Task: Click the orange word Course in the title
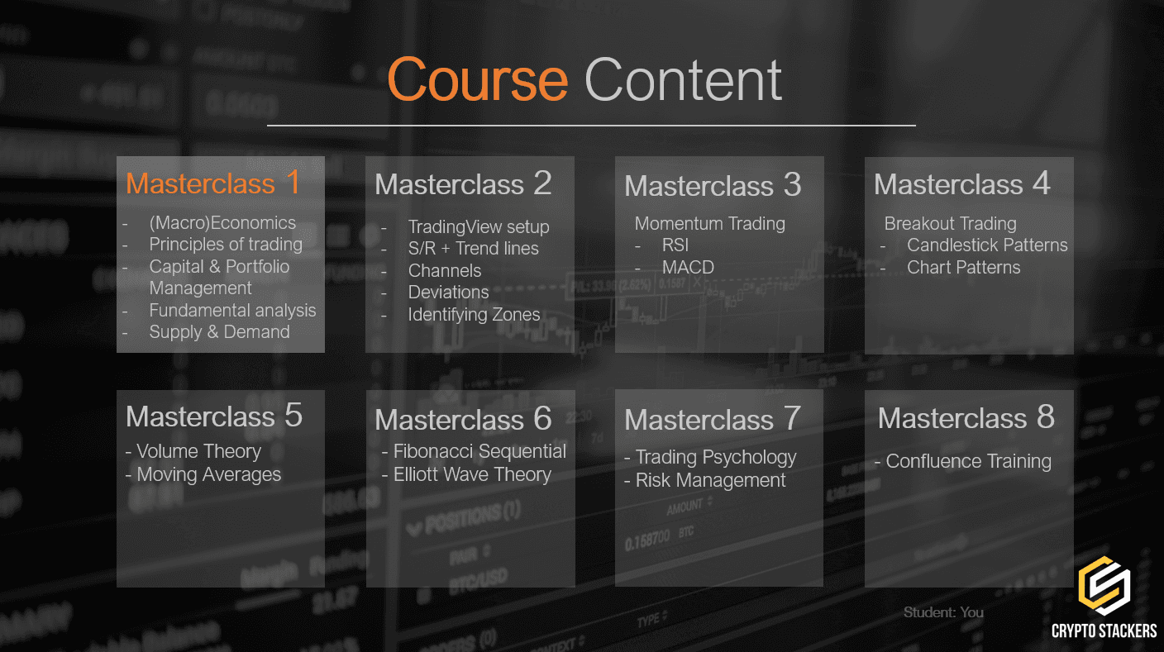pos(477,80)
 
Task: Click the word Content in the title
pos(683,80)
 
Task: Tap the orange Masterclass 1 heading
pos(213,183)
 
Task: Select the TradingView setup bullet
pos(478,227)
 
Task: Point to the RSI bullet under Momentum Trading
pos(675,245)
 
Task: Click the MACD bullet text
pos(688,268)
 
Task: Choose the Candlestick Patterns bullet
pos(987,245)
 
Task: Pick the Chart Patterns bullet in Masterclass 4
pos(963,268)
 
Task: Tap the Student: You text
pos(943,612)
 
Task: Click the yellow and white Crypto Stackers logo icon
pos(1104,586)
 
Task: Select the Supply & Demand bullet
pos(219,332)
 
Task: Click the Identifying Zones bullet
pos(474,315)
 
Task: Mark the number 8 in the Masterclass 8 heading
pos(1045,417)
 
